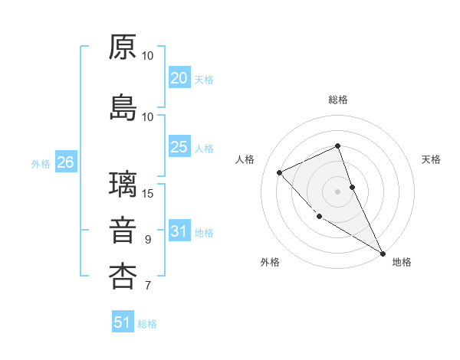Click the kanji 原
(x=123, y=47)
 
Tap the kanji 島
(x=123, y=108)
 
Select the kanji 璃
(x=123, y=185)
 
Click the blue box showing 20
(x=179, y=78)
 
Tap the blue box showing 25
(x=179, y=147)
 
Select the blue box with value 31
(x=179, y=231)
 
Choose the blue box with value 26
(x=65, y=162)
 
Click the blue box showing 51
(x=123, y=322)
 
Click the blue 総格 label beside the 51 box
(x=147, y=324)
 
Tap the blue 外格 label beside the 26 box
(x=41, y=163)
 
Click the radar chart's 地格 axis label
(x=402, y=262)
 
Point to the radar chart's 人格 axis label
(x=245, y=159)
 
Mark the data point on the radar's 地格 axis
(x=383, y=253)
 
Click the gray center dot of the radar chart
(x=337, y=191)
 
